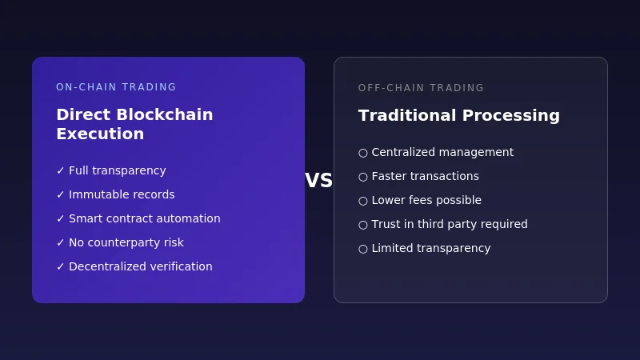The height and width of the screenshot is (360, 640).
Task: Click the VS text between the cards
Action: tap(318, 181)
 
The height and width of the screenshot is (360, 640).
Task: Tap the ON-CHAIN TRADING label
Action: tap(116, 87)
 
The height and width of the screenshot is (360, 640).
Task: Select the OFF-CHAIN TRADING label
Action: tap(421, 88)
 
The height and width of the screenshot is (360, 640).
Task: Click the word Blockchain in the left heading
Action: tap(164, 114)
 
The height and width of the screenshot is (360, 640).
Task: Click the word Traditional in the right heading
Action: tap(406, 115)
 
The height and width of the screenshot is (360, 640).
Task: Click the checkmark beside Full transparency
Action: tap(60, 170)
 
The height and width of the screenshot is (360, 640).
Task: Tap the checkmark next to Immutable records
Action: tap(60, 194)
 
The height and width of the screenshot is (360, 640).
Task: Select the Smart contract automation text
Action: tap(144, 218)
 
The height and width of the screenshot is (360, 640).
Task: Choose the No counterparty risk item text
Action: tap(126, 242)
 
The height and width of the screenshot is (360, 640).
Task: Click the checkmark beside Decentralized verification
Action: tap(60, 266)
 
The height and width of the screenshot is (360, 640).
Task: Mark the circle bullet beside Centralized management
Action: tap(363, 153)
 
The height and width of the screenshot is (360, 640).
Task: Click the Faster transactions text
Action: tap(425, 176)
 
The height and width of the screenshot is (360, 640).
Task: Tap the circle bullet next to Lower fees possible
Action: tap(363, 201)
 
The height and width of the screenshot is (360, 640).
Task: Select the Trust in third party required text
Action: tap(449, 224)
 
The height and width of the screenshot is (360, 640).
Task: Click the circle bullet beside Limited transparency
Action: tap(363, 249)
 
